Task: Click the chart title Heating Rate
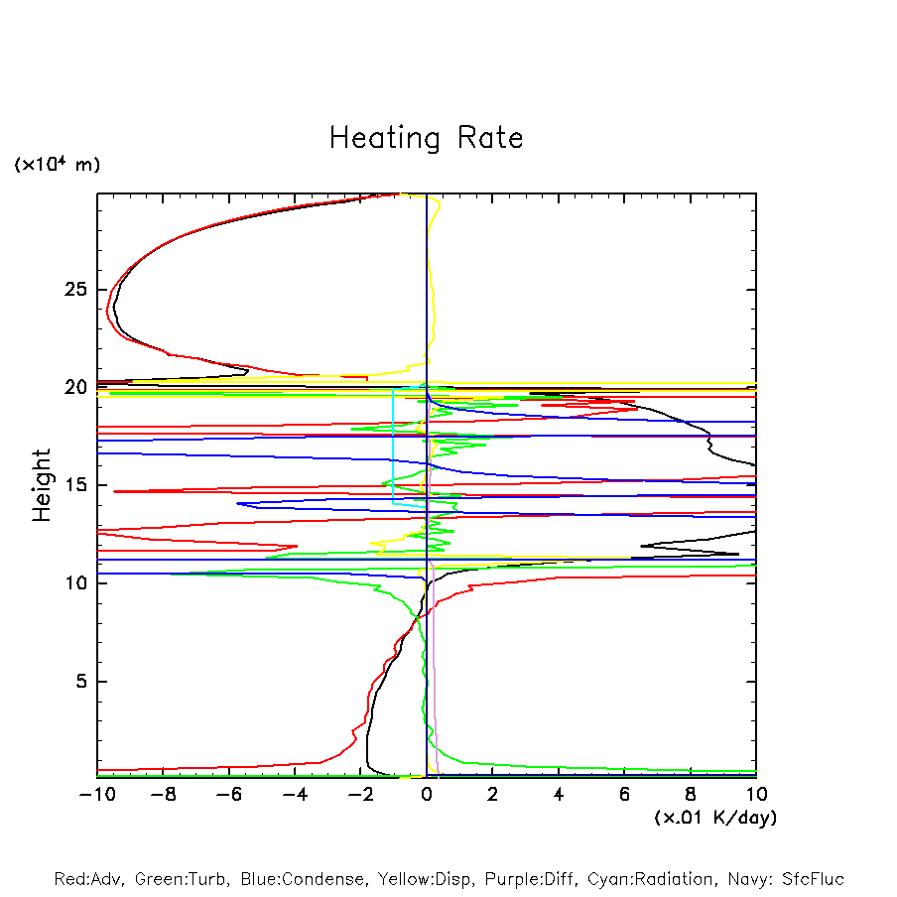click(x=426, y=138)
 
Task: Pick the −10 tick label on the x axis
click(x=96, y=795)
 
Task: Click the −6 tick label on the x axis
click(x=228, y=795)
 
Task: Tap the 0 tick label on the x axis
click(x=427, y=795)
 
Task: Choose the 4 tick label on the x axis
click(x=559, y=795)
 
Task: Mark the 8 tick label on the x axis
click(x=691, y=795)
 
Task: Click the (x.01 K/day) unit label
click(x=715, y=818)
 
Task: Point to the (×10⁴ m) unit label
click(x=57, y=164)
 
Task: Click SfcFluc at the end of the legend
click(x=812, y=879)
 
